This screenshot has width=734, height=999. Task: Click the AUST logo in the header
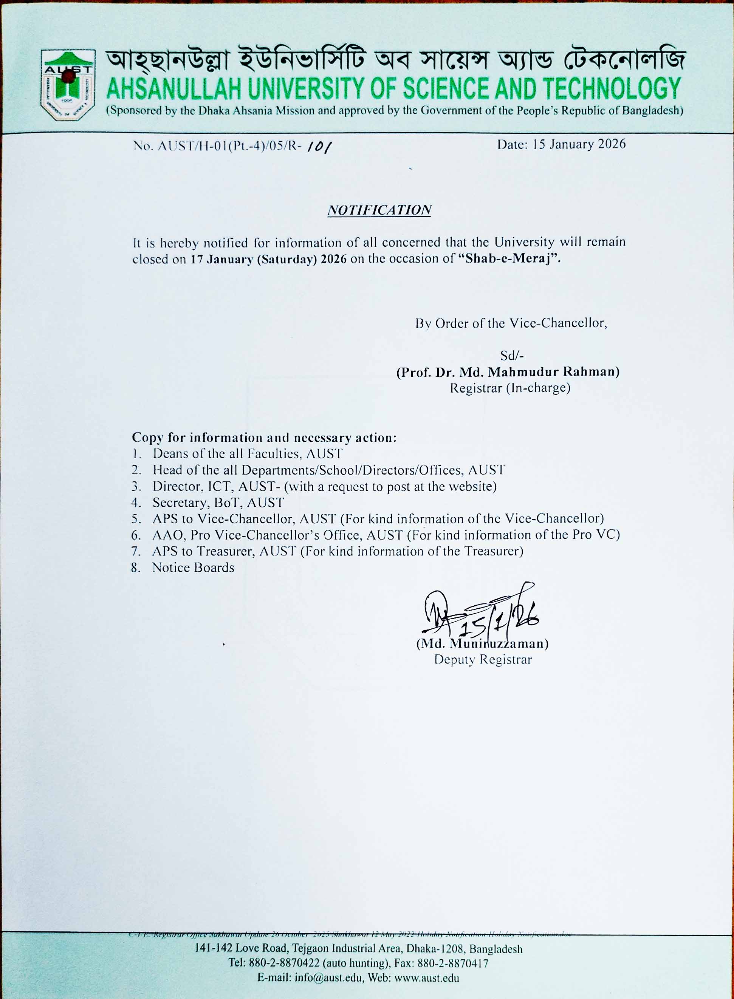[68, 84]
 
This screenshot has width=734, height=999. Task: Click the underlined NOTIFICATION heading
[379, 210]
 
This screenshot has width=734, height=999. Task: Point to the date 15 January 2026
[579, 144]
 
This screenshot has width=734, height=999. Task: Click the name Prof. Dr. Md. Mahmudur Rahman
[508, 372]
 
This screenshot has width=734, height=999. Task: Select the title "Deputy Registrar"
[483, 660]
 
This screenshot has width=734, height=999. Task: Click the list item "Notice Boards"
[193, 568]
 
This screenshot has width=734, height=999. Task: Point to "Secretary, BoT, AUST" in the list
[218, 503]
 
